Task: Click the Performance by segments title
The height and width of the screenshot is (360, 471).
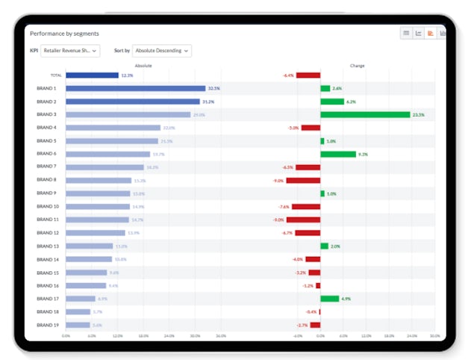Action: [64, 34]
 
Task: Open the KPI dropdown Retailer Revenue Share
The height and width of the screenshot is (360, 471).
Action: [81, 51]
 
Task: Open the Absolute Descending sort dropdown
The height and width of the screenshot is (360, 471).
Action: [161, 51]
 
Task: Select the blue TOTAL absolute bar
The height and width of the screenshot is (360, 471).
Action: [92, 75]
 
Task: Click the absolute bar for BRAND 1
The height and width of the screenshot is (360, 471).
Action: [135, 88]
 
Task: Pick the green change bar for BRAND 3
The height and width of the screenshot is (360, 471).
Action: [365, 115]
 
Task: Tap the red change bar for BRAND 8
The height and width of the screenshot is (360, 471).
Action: [303, 180]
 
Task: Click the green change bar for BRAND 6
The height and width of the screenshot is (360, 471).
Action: [338, 154]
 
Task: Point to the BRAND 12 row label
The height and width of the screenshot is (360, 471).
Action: [46, 232]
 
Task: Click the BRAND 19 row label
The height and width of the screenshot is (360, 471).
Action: [46, 325]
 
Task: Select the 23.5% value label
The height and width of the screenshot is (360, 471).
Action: [418, 115]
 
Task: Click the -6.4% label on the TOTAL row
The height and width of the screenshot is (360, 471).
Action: [288, 75]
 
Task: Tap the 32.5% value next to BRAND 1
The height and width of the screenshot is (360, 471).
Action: [214, 88]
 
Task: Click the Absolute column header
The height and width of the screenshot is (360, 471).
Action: [143, 66]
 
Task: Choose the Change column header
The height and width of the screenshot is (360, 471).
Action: [357, 66]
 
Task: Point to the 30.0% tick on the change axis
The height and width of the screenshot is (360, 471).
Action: [434, 336]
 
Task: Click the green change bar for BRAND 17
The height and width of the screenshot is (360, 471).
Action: [329, 299]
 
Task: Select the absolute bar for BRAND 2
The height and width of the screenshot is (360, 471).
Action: [133, 102]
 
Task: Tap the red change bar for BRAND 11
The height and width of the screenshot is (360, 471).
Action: [303, 220]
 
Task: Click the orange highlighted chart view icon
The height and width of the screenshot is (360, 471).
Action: [431, 34]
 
